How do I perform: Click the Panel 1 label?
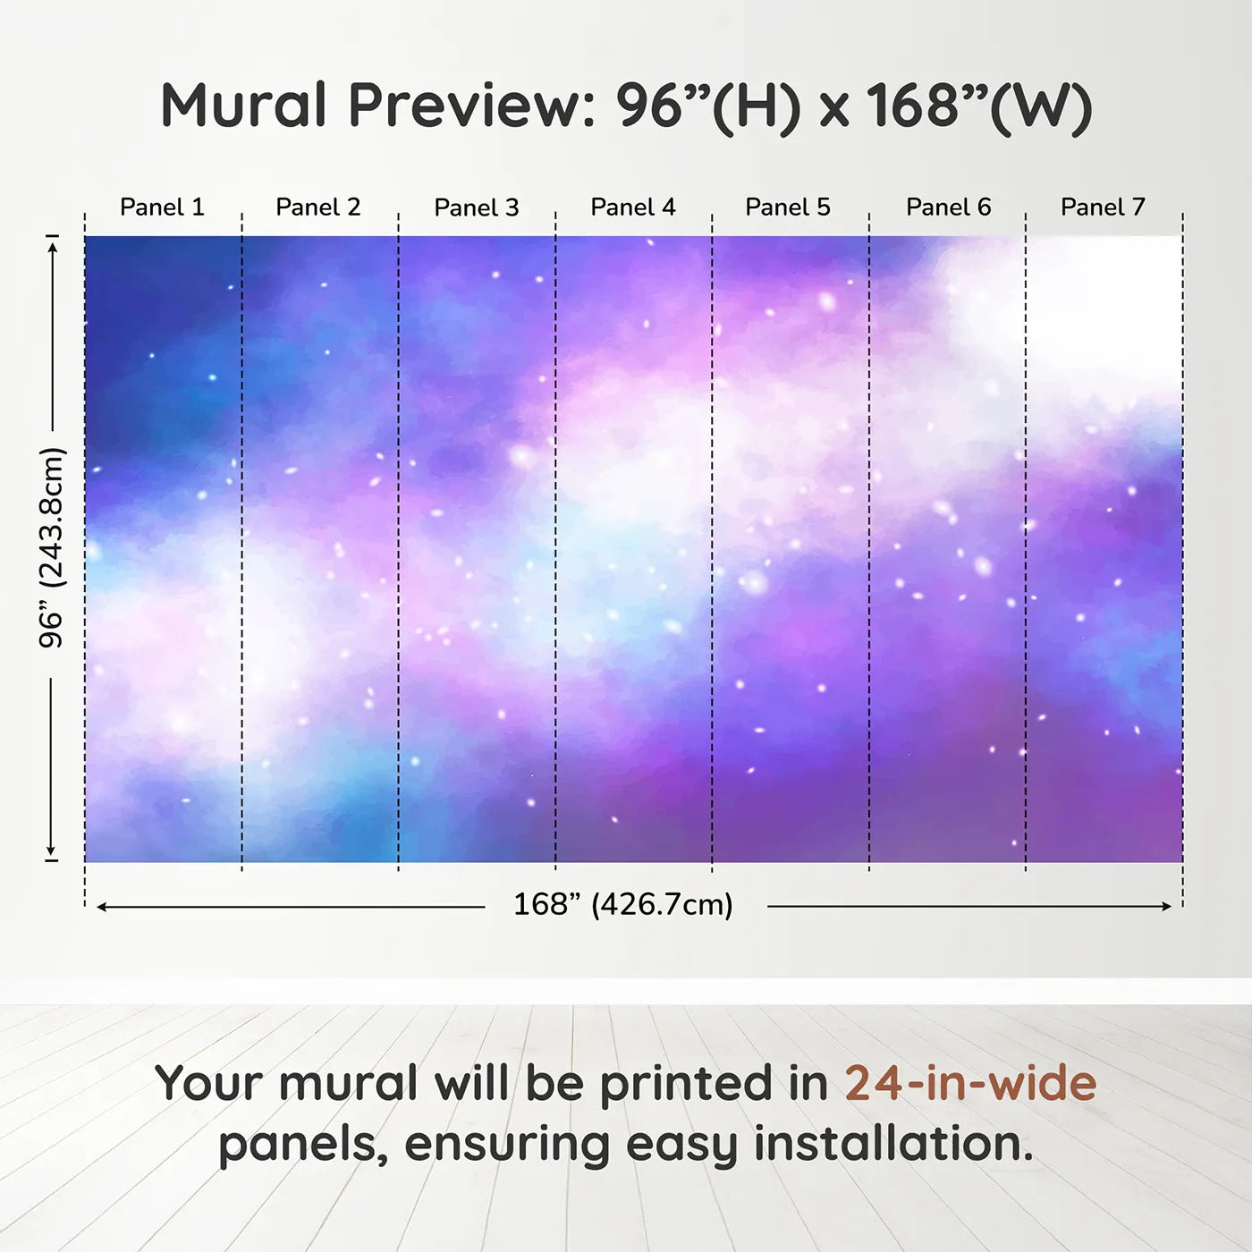point(163,207)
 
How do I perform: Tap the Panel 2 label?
point(318,207)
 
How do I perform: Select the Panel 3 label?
point(477,207)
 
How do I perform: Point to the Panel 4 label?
point(633,207)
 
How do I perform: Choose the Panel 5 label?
point(788,207)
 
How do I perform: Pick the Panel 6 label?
point(949,207)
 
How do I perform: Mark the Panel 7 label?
point(1104,207)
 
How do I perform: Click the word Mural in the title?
point(244,106)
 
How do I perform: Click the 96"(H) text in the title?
point(709,107)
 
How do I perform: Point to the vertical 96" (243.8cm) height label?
point(51,547)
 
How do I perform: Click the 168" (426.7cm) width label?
point(623,905)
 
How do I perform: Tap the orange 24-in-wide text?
point(971,1083)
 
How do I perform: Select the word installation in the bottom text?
point(894,1144)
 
